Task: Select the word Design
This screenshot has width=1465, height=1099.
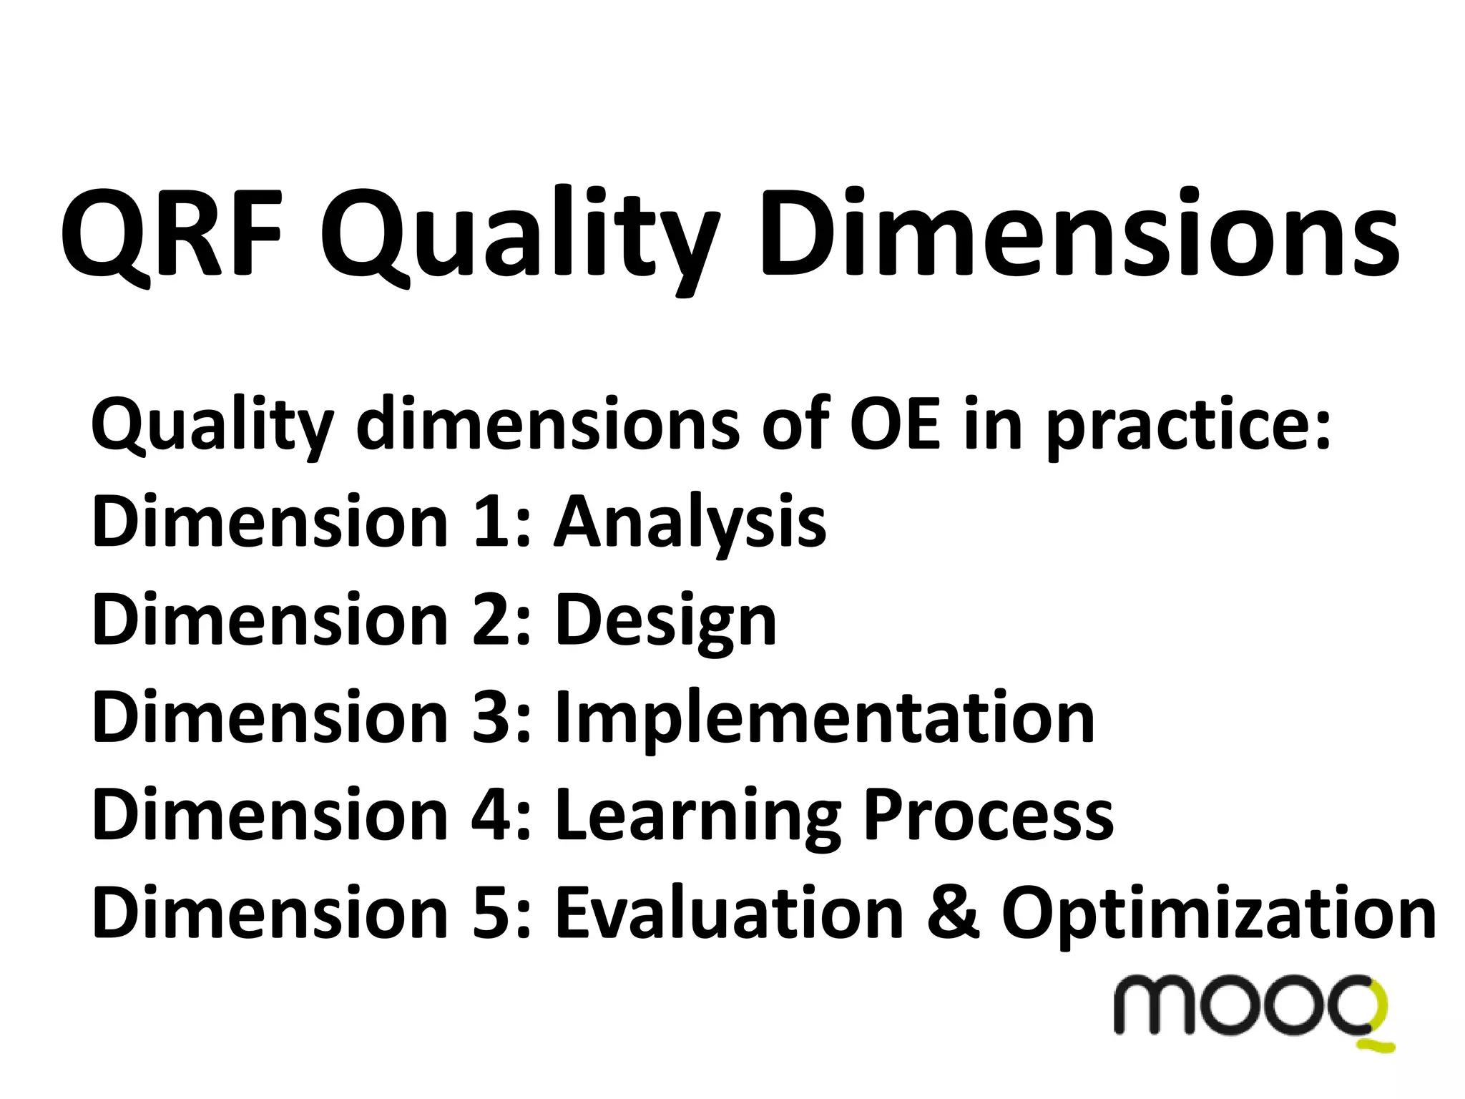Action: (666, 621)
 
